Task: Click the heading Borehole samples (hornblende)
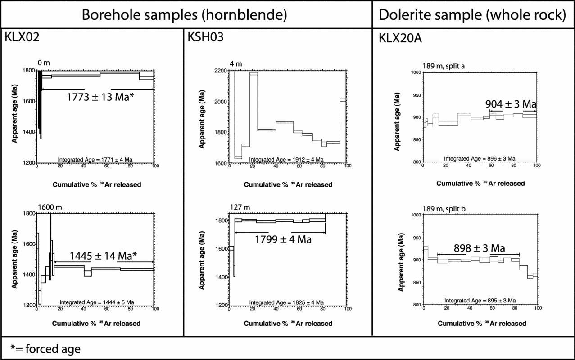pos(185,15)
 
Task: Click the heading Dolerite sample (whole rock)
pos(472,15)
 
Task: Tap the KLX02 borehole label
pos(22,38)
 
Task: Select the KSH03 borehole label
pos(205,38)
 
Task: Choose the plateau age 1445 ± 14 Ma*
pos(103,256)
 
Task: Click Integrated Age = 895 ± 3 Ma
pos(480,300)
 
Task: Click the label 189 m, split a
pos(444,66)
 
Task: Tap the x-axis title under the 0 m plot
pos(96,184)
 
